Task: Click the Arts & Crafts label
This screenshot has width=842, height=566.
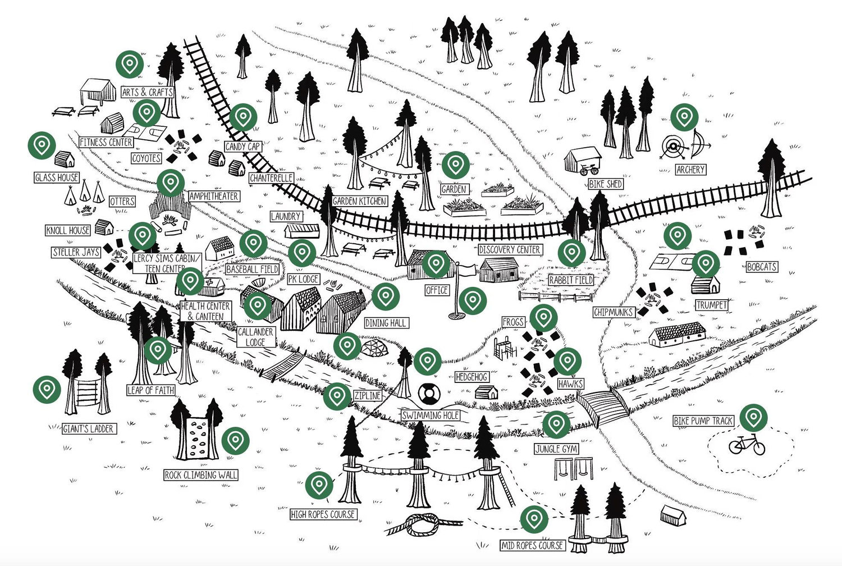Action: [x=147, y=92]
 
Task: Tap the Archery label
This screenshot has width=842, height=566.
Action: [x=690, y=170]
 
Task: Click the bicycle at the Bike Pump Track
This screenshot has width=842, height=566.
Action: [x=747, y=445]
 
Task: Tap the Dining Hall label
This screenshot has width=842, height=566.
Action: [x=386, y=323]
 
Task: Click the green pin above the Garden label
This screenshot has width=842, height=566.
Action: [x=456, y=165]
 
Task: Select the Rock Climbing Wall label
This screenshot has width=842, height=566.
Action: [x=201, y=475]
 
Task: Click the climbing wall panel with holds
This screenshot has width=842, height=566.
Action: [x=197, y=439]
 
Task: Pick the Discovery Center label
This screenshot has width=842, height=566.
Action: [x=510, y=249]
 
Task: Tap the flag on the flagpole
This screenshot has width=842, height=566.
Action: [x=468, y=270]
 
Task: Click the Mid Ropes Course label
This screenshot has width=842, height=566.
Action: [x=533, y=545]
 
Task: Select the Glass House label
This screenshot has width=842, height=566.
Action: [x=57, y=177]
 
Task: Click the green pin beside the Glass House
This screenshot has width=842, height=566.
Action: [x=42, y=145]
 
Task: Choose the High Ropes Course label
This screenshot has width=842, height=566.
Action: [x=323, y=514]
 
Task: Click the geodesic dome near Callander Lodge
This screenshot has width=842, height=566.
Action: [x=374, y=348]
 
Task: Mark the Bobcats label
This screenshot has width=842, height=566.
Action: [x=762, y=267]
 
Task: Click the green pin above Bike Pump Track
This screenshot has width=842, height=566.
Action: [x=754, y=418]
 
